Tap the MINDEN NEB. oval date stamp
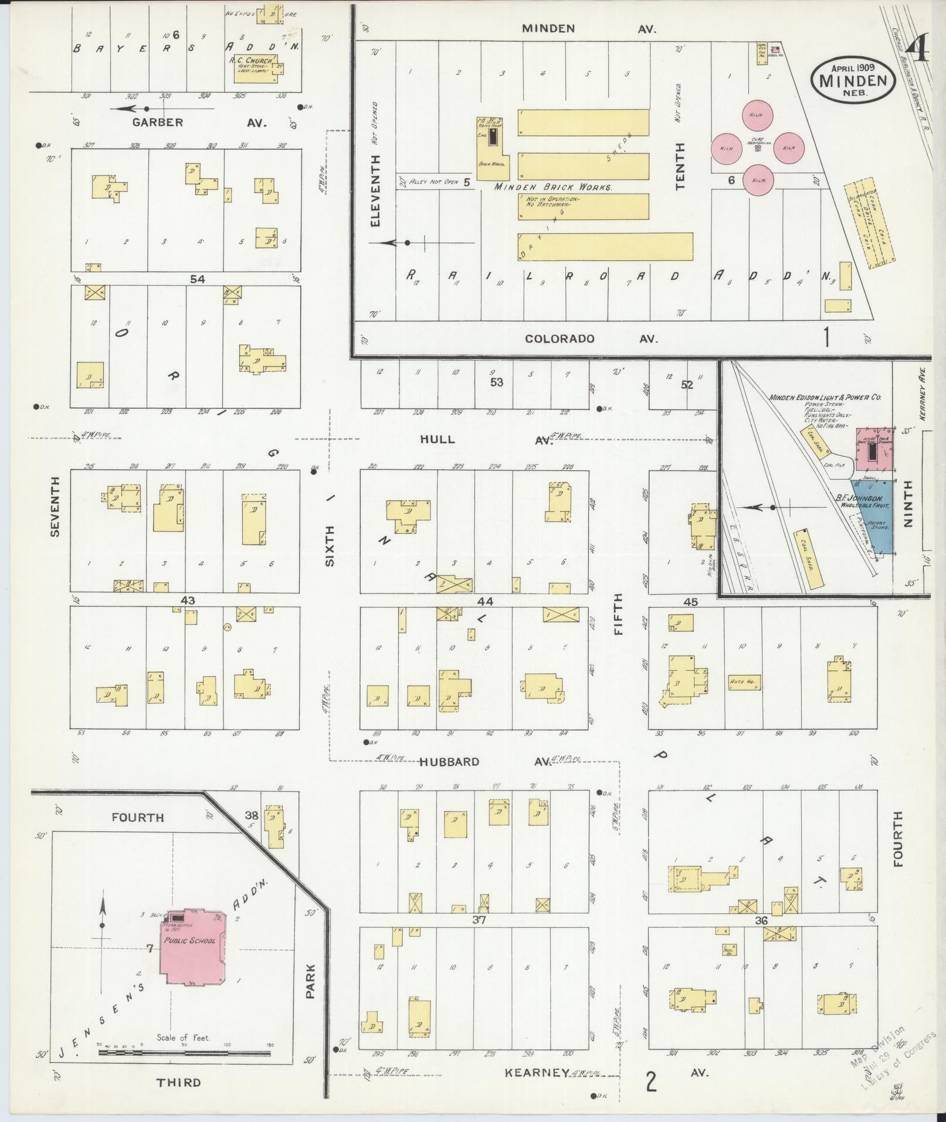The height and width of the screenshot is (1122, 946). click(853, 79)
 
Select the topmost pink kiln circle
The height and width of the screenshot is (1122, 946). click(755, 115)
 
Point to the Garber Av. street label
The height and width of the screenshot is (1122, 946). click(158, 123)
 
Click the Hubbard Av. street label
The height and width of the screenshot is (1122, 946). click(450, 762)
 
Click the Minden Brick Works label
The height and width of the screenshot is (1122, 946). click(553, 188)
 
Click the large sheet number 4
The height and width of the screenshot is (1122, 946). click(920, 51)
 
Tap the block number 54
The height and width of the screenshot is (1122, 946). click(197, 280)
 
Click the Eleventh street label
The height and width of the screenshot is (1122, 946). click(376, 190)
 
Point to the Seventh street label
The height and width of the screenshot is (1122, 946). click(55, 506)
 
